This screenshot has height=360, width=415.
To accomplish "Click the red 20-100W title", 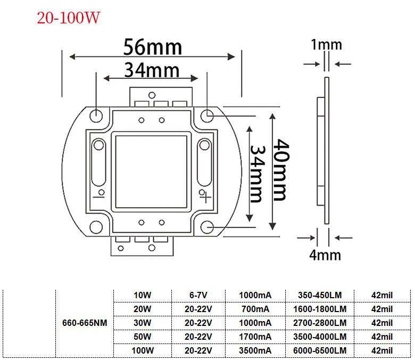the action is [x=68, y=18].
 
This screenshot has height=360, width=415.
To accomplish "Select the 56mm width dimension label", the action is [x=153, y=47].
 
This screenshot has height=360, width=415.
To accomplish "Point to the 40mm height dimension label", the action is [x=280, y=170].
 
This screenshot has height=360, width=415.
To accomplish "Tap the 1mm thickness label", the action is [x=326, y=45].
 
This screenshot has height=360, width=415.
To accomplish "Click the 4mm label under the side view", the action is [x=325, y=255].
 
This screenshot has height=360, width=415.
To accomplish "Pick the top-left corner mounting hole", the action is [x=96, y=116].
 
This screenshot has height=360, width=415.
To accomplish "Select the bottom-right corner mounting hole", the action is [x=207, y=227].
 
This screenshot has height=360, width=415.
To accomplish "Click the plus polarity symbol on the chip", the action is [x=206, y=198].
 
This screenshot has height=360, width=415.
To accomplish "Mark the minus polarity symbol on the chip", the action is [x=98, y=197].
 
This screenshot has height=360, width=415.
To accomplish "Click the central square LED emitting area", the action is [x=151, y=172].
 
